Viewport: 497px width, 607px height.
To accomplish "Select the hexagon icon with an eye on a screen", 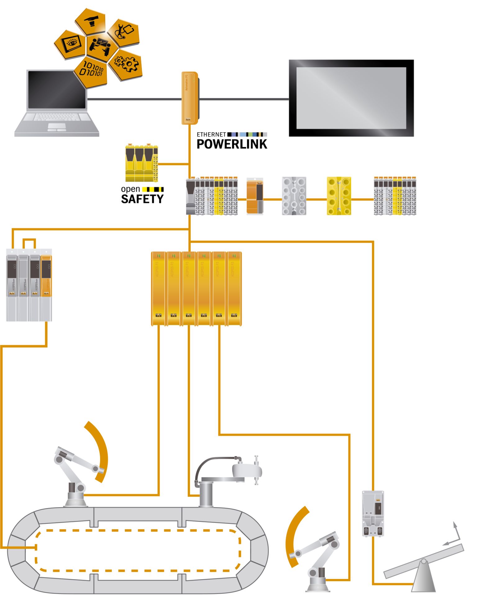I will [71, 44].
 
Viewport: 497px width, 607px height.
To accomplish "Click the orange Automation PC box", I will [189, 98].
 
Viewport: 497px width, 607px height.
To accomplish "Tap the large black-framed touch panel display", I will [351, 98].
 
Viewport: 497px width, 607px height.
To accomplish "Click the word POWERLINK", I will [232, 144].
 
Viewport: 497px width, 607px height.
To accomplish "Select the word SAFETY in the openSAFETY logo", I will [142, 199].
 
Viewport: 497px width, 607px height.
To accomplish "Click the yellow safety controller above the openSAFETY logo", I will [142, 163].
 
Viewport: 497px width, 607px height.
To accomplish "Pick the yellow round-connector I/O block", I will [339, 196].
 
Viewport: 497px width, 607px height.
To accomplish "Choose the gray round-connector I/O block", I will [294, 196].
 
